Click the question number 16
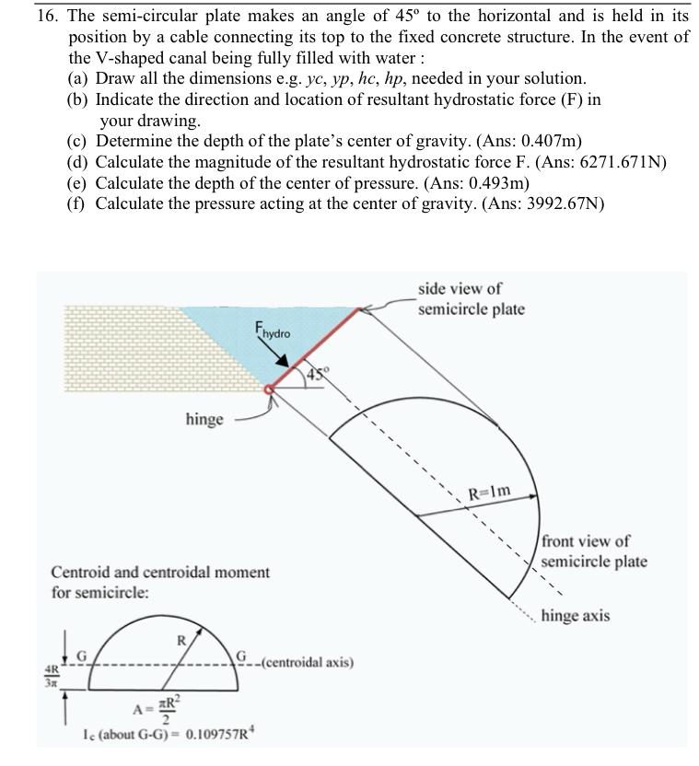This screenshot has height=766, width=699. pos(44,17)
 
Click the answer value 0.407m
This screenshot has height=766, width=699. pos(549,141)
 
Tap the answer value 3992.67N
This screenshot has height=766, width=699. pos(563,203)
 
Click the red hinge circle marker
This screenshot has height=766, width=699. pos(270,390)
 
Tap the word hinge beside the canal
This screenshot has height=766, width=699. pos(204,420)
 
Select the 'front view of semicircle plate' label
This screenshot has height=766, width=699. pos(593,551)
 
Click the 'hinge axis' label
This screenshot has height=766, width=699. pos(575,615)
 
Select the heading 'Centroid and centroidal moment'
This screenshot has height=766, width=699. pos(160,572)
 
